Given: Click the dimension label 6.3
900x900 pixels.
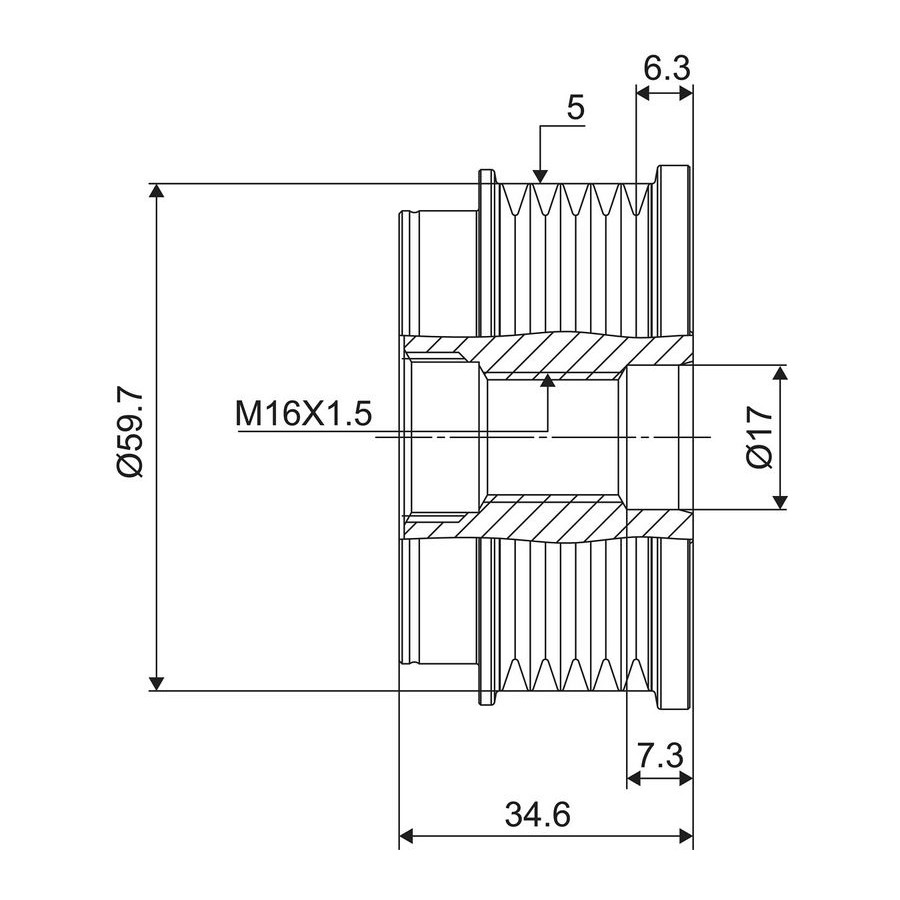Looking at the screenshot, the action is (x=666, y=69).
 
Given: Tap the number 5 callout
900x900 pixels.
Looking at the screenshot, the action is (x=576, y=107).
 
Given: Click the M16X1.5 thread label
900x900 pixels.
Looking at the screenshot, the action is (x=304, y=414).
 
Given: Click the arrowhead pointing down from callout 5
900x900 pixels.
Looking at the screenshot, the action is (x=540, y=176).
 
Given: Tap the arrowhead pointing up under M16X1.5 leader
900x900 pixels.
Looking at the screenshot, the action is (x=548, y=381).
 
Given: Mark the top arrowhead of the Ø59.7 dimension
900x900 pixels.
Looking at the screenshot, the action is (x=156, y=191).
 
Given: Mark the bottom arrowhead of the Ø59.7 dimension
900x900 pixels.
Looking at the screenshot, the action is (x=156, y=683).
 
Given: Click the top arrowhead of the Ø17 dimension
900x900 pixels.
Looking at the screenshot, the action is (x=779, y=373).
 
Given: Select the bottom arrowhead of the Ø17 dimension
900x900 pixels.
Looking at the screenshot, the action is (x=779, y=502).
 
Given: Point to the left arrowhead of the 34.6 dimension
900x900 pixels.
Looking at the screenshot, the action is (x=406, y=836).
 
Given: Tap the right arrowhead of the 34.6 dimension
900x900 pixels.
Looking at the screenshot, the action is (x=686, y=836).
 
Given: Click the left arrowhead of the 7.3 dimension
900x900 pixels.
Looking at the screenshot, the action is (x=634, y=778).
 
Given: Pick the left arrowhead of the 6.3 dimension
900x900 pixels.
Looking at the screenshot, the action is (x=644, y=93).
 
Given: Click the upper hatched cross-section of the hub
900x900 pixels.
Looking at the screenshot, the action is (x=548, y=356).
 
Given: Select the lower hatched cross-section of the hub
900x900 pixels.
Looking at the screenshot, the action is (x=548, y=518).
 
